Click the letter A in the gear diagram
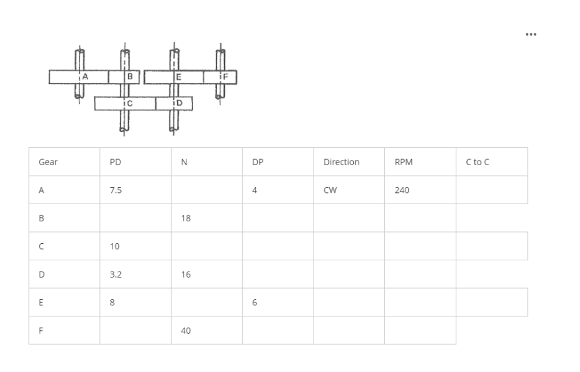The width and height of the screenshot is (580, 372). (x=85, y=77)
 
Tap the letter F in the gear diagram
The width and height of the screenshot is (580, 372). (x=226, y=77)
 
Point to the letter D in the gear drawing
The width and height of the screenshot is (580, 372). (x=179, y=103)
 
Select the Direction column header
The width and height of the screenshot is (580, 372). (x=341, y=162)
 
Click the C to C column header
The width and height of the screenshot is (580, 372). (x=477, y=162)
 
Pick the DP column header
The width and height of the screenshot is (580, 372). (x=258, y=162)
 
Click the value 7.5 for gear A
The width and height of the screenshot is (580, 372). (x=115, y=190)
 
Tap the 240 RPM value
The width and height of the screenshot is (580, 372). (x=401, y=190)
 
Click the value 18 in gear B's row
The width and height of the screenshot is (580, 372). (x=186, y=218)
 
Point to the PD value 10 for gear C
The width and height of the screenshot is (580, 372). (x=114, y=246)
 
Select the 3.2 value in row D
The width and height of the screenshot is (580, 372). (x=115, y=274)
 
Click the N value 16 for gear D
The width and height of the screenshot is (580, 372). (x=186, y=274)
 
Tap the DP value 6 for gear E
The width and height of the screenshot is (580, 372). (x=255, y=303)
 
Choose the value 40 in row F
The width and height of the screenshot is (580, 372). (x=186, y=330)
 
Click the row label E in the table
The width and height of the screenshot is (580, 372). (x=42, y=303)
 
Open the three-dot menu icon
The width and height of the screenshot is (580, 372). (x=530, y=34)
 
